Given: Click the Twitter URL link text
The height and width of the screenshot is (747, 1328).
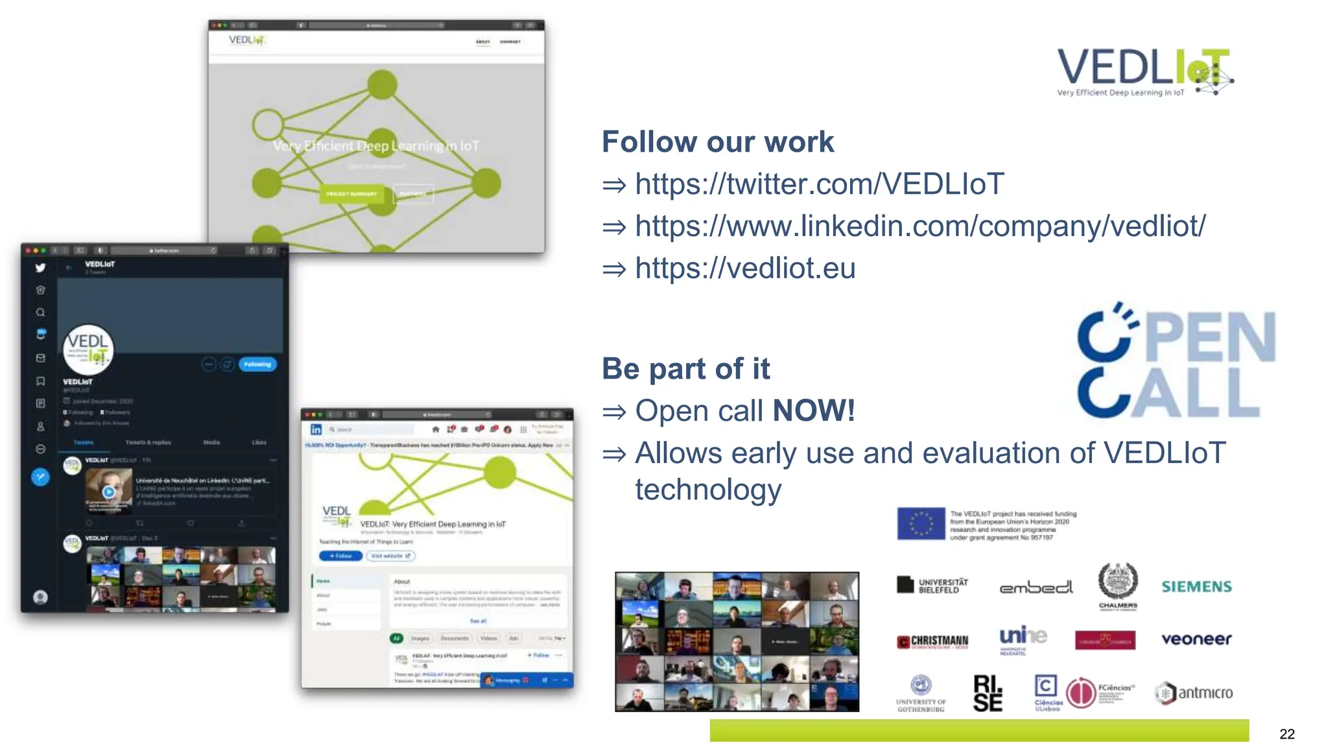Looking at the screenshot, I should click(819, 184).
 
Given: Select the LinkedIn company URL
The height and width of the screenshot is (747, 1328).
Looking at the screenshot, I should click(919, 226).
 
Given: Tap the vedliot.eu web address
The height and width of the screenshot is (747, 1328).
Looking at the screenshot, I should click(745, 268).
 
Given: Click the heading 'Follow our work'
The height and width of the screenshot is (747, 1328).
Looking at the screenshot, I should click(717, 142).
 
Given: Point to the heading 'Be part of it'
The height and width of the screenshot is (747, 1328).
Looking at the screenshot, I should click(685, 369).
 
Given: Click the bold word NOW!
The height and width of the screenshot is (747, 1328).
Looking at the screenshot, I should click(814, 410).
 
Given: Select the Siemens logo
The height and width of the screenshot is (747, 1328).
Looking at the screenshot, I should click(1196, 587).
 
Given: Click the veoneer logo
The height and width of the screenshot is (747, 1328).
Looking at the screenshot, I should click(1196, 639).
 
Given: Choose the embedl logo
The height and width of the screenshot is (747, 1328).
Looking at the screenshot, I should click(1036, 587).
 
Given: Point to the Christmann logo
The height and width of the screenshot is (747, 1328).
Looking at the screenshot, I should click(932, 641).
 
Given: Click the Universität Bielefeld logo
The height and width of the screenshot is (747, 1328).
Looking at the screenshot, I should click(932, 586).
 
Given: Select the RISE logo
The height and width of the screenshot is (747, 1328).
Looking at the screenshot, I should click(988, 693).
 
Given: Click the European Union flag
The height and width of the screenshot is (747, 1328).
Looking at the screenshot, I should click(921, 523).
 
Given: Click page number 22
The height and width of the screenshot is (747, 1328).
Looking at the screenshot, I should click(1287, 734).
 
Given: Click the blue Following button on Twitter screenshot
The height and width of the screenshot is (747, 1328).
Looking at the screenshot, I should click(257, 364).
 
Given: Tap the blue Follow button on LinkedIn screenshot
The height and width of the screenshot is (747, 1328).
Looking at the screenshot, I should click(340, 556).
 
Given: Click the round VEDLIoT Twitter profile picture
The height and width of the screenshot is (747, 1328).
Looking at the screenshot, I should click(89, 349).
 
